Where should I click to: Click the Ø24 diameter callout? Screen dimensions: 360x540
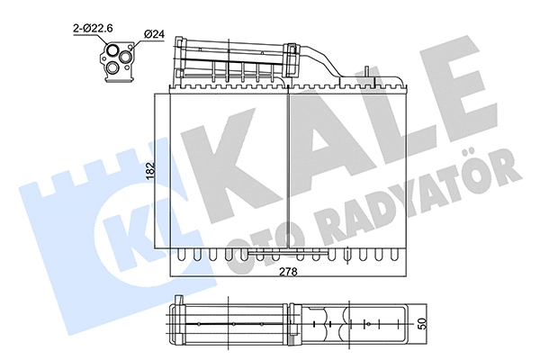[154, 36]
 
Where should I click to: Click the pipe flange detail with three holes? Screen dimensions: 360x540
[118, 59]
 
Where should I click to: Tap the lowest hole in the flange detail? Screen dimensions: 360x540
[115, 69]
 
